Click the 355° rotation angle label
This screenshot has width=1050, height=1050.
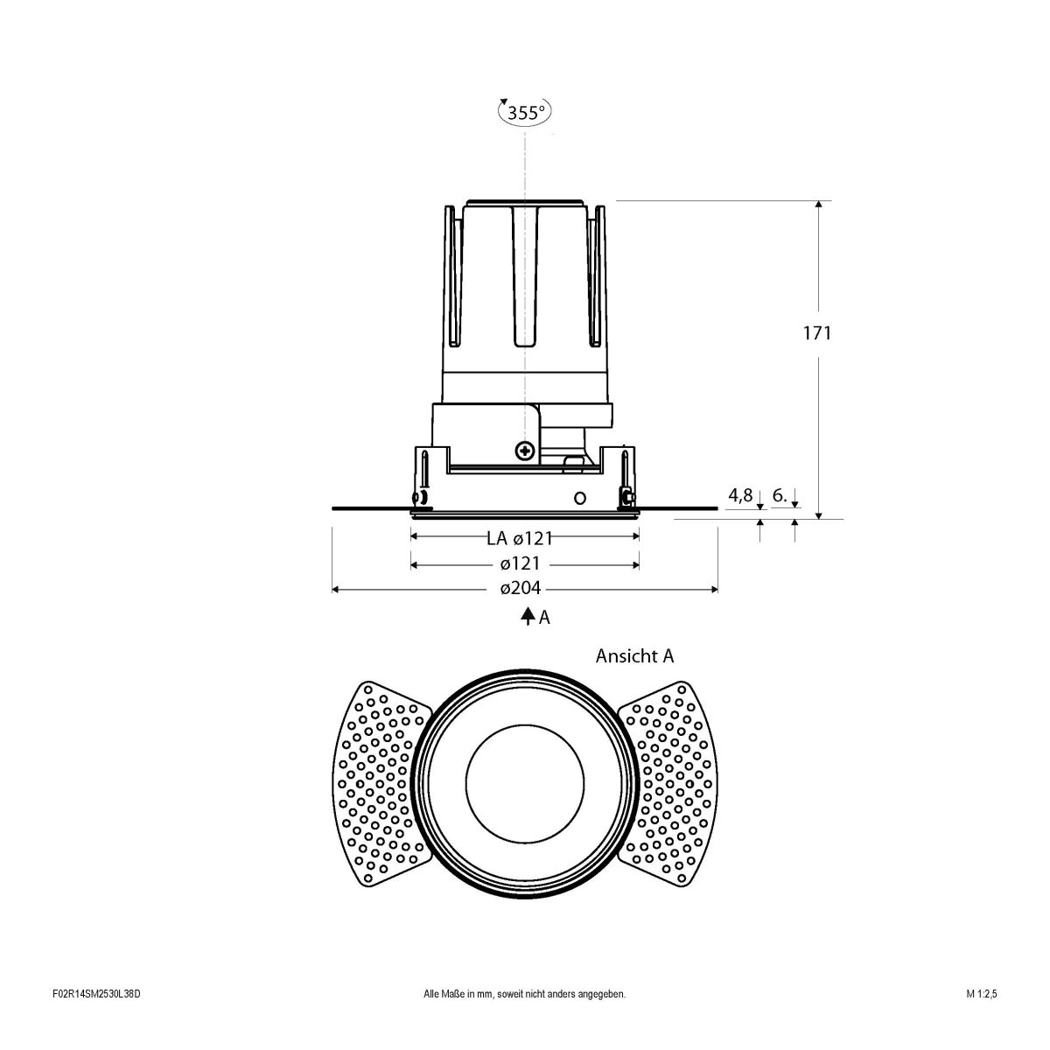pyautogui.click(x=525, y=112)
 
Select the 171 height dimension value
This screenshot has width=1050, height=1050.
pyautogui.click(x=817, y=332)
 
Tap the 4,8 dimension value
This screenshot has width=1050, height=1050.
pyautogui.click(x=740, y=496)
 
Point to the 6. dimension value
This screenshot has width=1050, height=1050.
pyautogui.click(x=781, y=496)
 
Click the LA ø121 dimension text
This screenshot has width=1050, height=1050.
pyautogui.click(x=520, y=538)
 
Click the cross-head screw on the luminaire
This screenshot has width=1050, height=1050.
pyautogui.click(x=525, y=451)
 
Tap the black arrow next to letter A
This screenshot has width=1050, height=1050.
pyautogui.click(x=528, y=617)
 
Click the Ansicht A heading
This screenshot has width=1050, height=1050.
pyautogui.click(x=634, y=655)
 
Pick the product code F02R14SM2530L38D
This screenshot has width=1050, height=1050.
pyautogui.click(x=96, y=1018)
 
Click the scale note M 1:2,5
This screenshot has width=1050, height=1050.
pyautogui.click(x=982, y=1018)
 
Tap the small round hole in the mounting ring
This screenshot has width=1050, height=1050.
pyautogui.click(x=578, y=498)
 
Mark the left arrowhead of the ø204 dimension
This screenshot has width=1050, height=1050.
pyautogui.click(x=336, y=590)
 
